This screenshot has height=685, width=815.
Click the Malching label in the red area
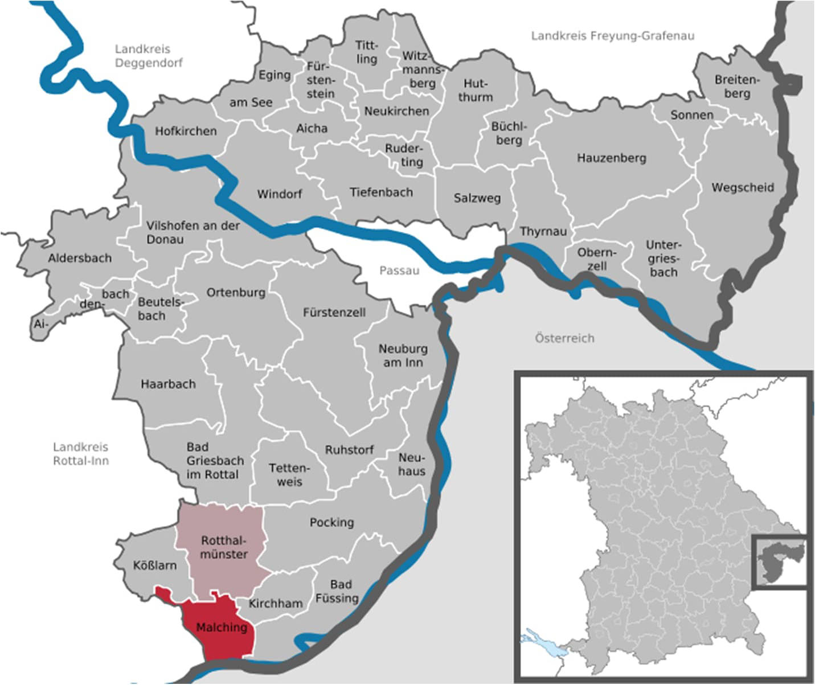click(222, 627)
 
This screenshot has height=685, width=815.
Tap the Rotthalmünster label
click(224, 547)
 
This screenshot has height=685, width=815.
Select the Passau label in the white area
click(399, 270)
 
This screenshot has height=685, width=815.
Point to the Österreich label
click(564, 338)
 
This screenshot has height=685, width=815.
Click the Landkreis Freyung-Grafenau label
click(612, 36)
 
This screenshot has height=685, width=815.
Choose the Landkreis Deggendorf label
click(149, 56)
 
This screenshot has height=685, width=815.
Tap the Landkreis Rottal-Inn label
click(80, 454)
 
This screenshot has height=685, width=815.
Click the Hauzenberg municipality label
click(611, 158)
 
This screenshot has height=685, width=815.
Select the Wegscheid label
click(742, 187)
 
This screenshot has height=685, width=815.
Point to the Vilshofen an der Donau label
click(193, 232)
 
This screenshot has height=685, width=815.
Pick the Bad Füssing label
click(337, 591)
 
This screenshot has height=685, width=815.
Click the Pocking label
click(331, 522)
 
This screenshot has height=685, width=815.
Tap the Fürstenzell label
click(334, 313)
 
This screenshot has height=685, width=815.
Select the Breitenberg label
click(737, 87)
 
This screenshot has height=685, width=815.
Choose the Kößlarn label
click(154, 565)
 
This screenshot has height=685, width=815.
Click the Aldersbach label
click(80, 258)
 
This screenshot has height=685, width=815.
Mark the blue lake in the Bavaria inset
click(542, 641)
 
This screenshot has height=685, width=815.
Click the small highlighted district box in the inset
click(779, 562)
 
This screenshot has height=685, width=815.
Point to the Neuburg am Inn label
click(403, 355)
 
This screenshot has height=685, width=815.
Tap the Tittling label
click(366, 52)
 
